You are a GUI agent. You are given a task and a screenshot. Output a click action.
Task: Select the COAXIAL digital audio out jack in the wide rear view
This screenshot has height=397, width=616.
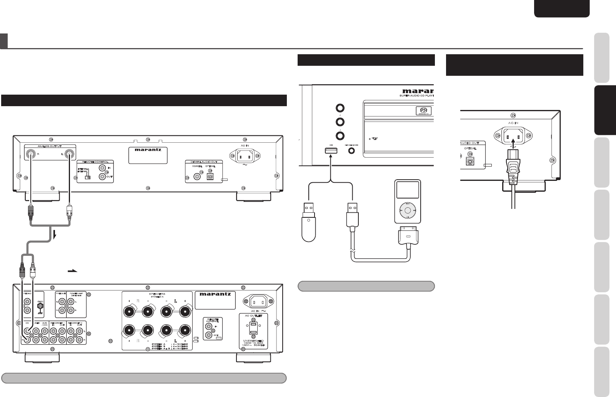click(x=198, y=177)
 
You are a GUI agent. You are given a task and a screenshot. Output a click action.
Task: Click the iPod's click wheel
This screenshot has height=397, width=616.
click(x=407, y=210)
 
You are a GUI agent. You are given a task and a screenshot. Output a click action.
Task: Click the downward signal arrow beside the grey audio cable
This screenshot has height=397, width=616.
click(x=55, y=235)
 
